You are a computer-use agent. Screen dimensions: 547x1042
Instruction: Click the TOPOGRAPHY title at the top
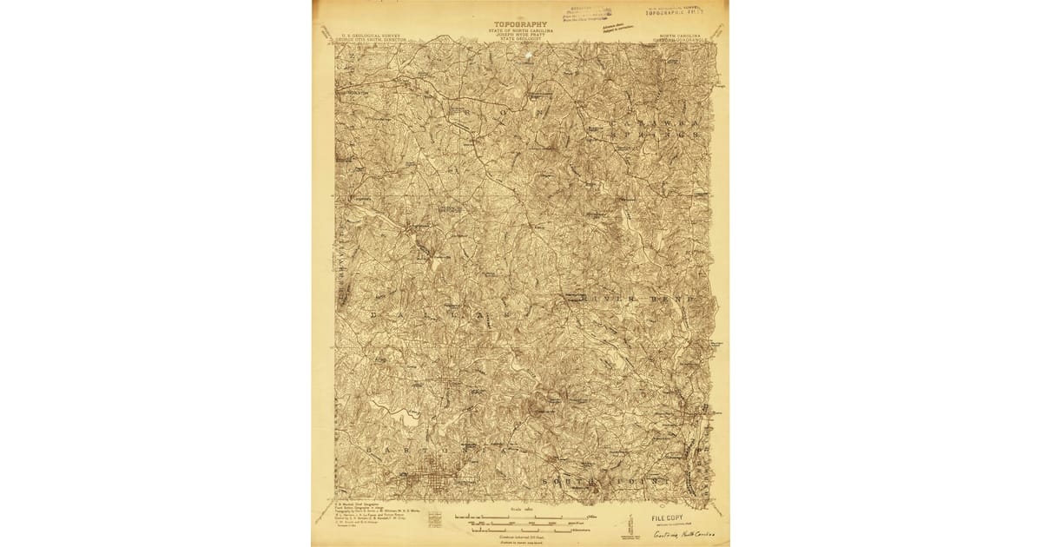point(521,24)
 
